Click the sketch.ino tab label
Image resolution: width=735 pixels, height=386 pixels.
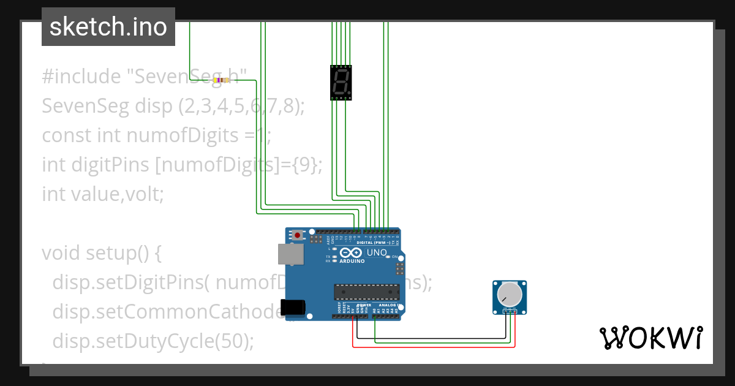[108, 27]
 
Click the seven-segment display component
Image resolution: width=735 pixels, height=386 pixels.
[341, 83]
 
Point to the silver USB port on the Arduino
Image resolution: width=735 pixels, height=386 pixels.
[290, 254]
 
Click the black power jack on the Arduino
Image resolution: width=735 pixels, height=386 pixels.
[292, 308]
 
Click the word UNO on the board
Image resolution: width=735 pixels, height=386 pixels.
[377, 252]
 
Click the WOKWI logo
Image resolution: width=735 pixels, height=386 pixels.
[650, 338]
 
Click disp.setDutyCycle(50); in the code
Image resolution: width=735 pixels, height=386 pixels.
[153, 340]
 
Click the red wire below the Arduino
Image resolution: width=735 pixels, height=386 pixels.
[429, 347]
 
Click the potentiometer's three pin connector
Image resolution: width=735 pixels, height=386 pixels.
[509, 311]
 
